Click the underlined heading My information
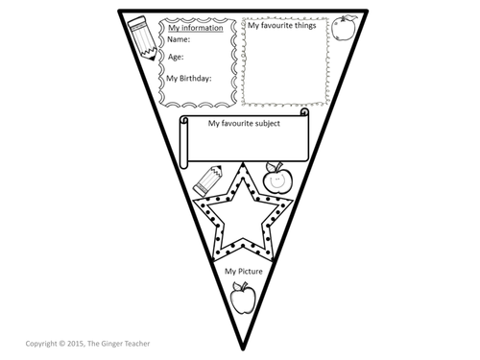point(196,28)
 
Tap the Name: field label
point(179,39)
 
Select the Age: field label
point(176,58)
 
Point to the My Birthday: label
point(189,79)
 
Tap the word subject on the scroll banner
point(264,124)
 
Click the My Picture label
point(244,272)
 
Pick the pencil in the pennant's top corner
point(142,38)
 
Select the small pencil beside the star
point(207,180)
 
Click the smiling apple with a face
point(277,178)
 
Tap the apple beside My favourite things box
point(344,28)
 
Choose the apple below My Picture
point(243,298)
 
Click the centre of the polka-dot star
point(243,218)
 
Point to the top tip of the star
point(243,163)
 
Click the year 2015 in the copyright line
point(75,344)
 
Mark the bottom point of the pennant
point(243,349)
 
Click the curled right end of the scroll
point(305,112)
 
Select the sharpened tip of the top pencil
point(152,58)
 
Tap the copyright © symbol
point(61,344)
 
